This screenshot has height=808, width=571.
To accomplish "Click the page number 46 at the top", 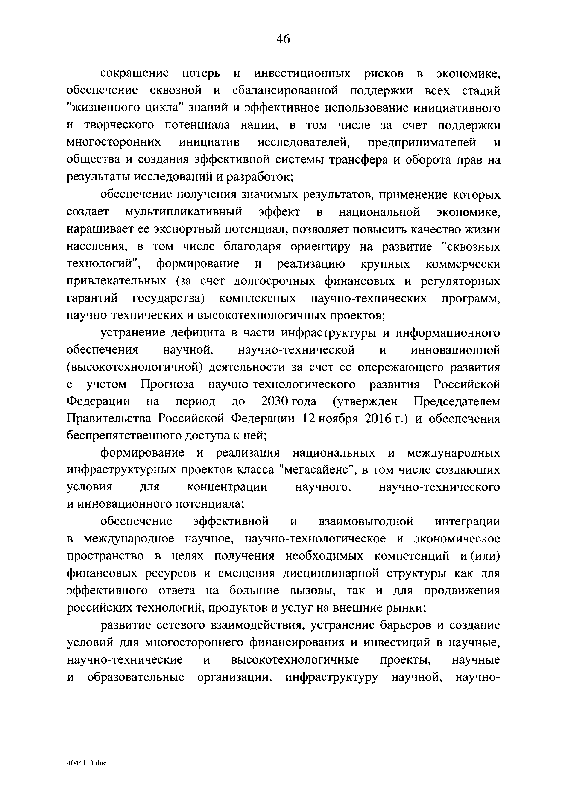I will (x=283, y=39).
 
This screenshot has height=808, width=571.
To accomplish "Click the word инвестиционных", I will (x=303, y=73).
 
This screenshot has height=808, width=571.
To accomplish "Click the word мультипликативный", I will (x=183, y=212).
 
